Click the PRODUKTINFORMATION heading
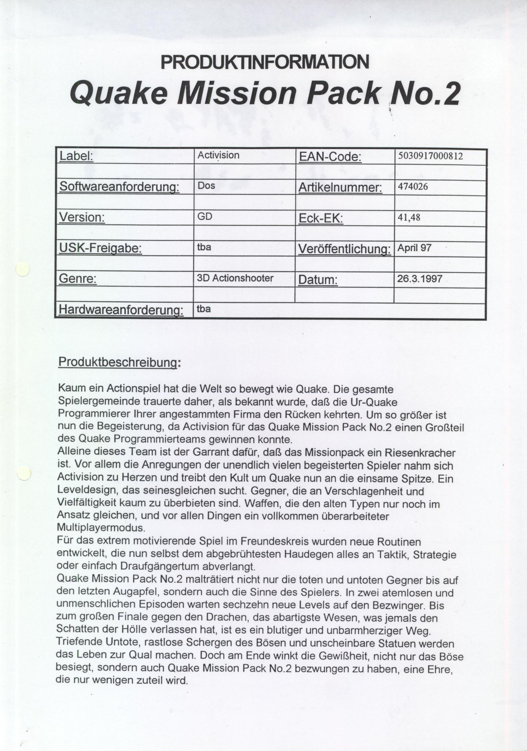[265, 62]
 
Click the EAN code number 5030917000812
[430, 156]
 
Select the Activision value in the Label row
[218, 155]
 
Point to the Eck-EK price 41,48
[408, 217]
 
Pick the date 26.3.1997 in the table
[420, 279]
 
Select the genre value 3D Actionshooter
[235, 278]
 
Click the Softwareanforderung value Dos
[206, 186]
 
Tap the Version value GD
[205, 216]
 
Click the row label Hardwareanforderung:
[120, 310]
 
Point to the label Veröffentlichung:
[344, 249]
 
